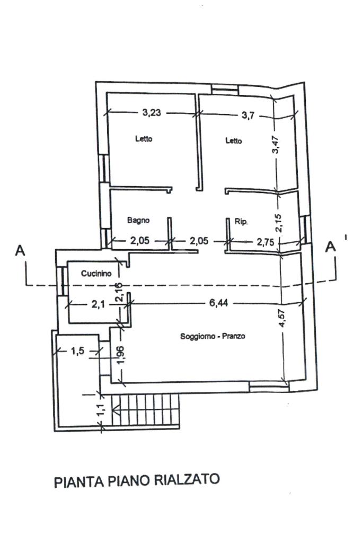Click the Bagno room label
(138, 220)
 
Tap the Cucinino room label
(96, 274)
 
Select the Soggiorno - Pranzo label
(213, 336)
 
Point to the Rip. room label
(241, 221)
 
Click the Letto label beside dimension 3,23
(144, 139)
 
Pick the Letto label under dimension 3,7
(233, 141)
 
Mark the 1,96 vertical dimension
(121, 355)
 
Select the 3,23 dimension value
(152, 112)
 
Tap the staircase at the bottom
(147, 410)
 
